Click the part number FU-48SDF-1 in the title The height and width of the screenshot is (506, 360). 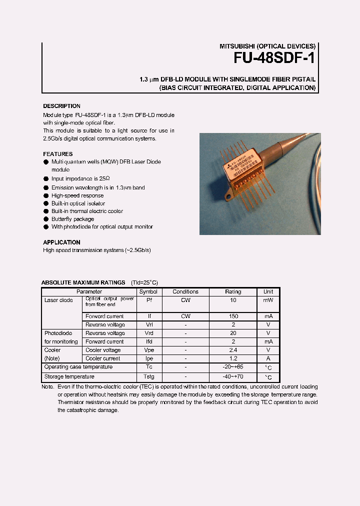(274, 58)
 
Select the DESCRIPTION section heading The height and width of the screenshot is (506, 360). (61, 106)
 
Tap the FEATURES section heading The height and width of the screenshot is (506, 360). (57, 154)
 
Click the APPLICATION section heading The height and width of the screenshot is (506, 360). (61, 242)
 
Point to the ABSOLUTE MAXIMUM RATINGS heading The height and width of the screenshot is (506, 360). (83, 282)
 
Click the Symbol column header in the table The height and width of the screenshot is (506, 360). (148, 291)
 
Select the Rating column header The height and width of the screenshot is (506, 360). (233, 291)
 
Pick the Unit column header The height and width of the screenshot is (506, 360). (268, 291)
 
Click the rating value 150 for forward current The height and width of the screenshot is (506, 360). (233, 316)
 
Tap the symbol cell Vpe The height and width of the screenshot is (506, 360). (148, 350)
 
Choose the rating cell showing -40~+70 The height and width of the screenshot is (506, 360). (233, 377)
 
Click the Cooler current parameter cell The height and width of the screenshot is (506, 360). (103, 358)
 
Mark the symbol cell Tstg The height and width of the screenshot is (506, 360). (148, 377)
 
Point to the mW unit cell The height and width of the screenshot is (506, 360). (268, 300)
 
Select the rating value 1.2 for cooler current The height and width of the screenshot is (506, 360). (233, 358)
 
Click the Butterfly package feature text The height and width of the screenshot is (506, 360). (72, 219)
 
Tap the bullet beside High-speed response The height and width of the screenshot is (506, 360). (46, 196)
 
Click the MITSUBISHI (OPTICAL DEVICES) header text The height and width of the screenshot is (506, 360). (267, 45)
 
